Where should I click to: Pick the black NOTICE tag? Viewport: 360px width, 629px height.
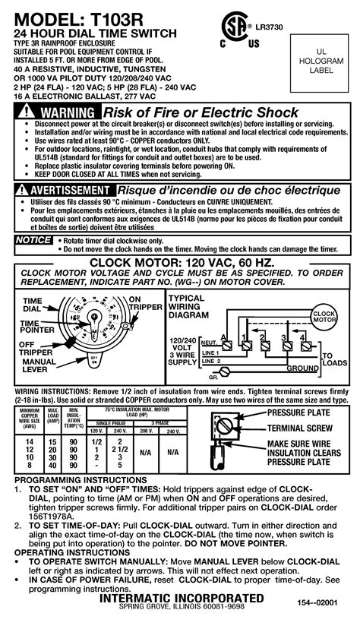(x=32, y=240)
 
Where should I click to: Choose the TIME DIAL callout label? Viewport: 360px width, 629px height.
(x=31, y=305)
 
